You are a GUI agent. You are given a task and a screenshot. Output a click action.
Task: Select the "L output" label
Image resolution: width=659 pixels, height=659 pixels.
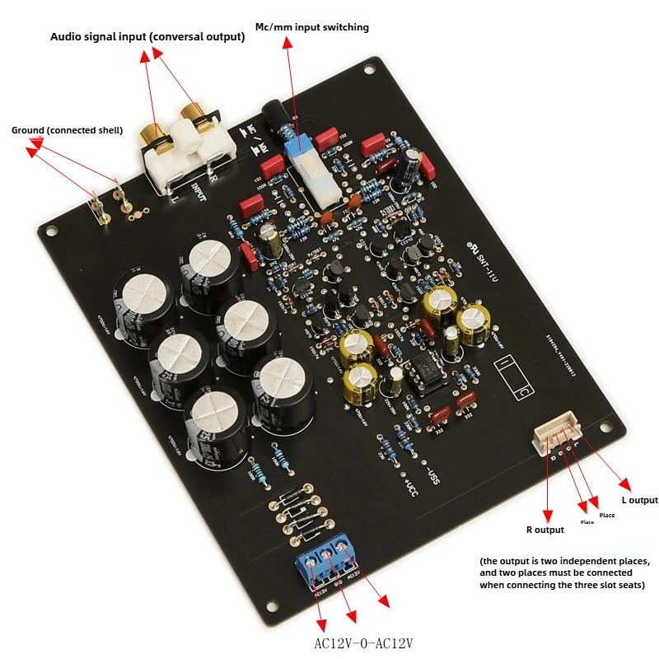coord(638,500)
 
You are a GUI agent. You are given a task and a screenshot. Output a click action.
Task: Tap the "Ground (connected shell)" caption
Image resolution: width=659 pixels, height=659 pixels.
coord(67,130)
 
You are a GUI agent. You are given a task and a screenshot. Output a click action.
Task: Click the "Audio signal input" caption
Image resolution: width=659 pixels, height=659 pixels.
coord(147,37)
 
